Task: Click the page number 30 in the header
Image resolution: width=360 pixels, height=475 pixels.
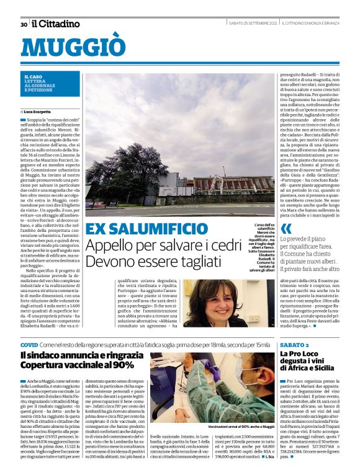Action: click(x=24, y=24)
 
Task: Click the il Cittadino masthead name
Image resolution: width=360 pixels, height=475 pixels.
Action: click(x=56, y=24)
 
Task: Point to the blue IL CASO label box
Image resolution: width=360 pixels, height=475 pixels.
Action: click(x=47, y=84)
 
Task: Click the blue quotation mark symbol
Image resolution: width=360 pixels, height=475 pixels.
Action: click(x=286, y=229)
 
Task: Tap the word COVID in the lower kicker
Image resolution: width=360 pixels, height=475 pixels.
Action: click(x=29, y=344)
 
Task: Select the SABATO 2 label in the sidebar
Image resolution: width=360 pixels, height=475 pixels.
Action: click(x=294, y=344)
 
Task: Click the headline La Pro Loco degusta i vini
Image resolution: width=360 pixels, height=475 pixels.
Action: click(x=307, y=359)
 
